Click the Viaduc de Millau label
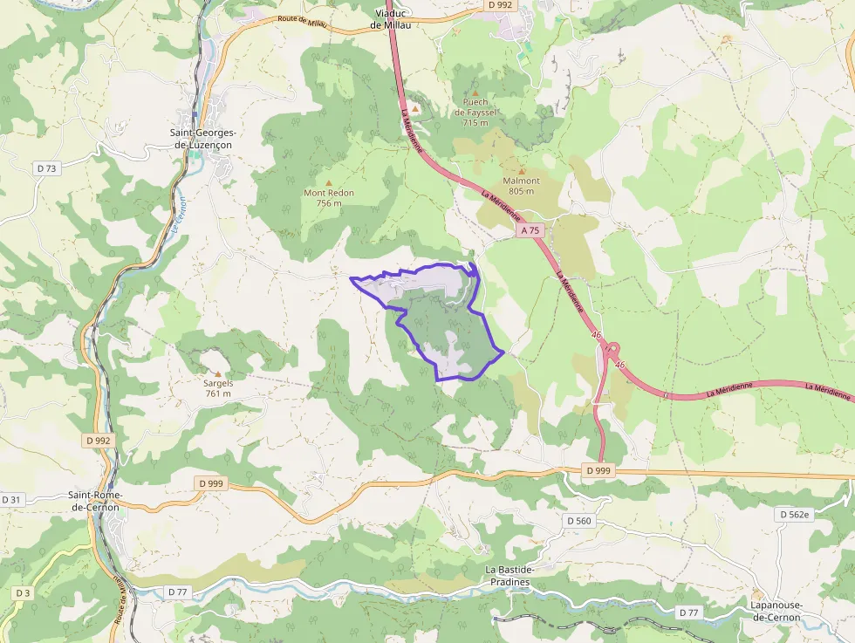(391, 19)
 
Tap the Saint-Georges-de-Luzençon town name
(202, 138)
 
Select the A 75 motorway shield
(530, 231)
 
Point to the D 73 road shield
(47, 168)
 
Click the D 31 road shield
(11, 499)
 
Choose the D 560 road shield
(578, 521)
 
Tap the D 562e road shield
(795, 515)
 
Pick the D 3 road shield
(23, 593)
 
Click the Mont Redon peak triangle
(329, 182)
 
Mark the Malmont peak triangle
(522, 171)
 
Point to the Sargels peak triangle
(217, 373)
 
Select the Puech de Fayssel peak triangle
(475, 92)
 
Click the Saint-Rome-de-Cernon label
(96, 501)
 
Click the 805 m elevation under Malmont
(521, 191)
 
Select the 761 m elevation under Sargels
(218, 393)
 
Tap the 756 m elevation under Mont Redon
(329, 202)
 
